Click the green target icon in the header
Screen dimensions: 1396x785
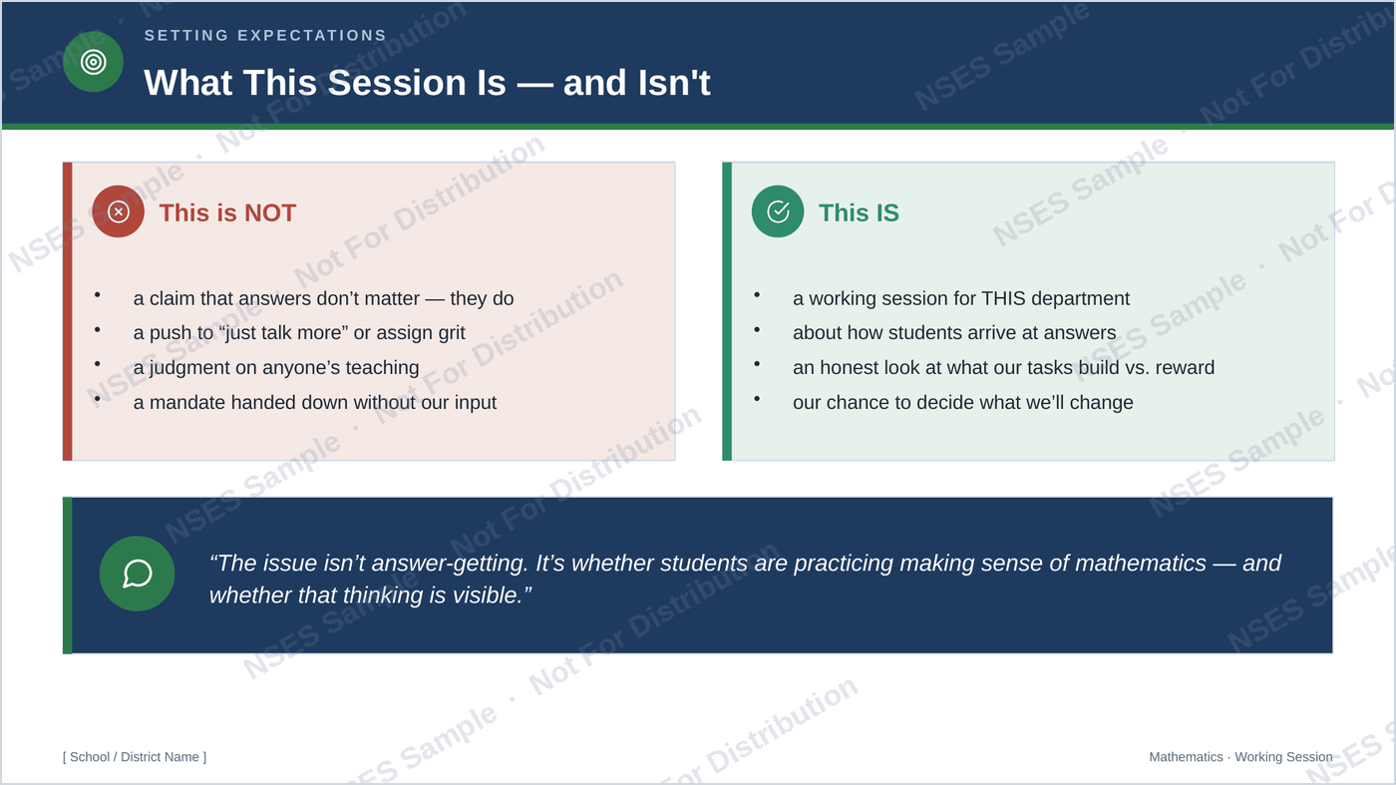[93, 62]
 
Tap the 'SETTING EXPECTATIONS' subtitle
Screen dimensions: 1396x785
[265, 36]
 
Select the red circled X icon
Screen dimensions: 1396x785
[118, 211]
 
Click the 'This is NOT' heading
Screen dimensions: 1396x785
[227, 212]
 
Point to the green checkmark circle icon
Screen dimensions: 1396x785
[778, 211]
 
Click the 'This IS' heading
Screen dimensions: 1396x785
[859, 212]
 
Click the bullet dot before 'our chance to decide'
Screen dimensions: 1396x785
[757, 398]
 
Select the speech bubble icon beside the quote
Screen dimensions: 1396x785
[138, 574]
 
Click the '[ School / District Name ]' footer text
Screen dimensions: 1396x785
[135, 757]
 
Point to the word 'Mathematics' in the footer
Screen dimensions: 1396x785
[1186, 757]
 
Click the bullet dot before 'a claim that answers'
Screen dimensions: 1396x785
[98, 295]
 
